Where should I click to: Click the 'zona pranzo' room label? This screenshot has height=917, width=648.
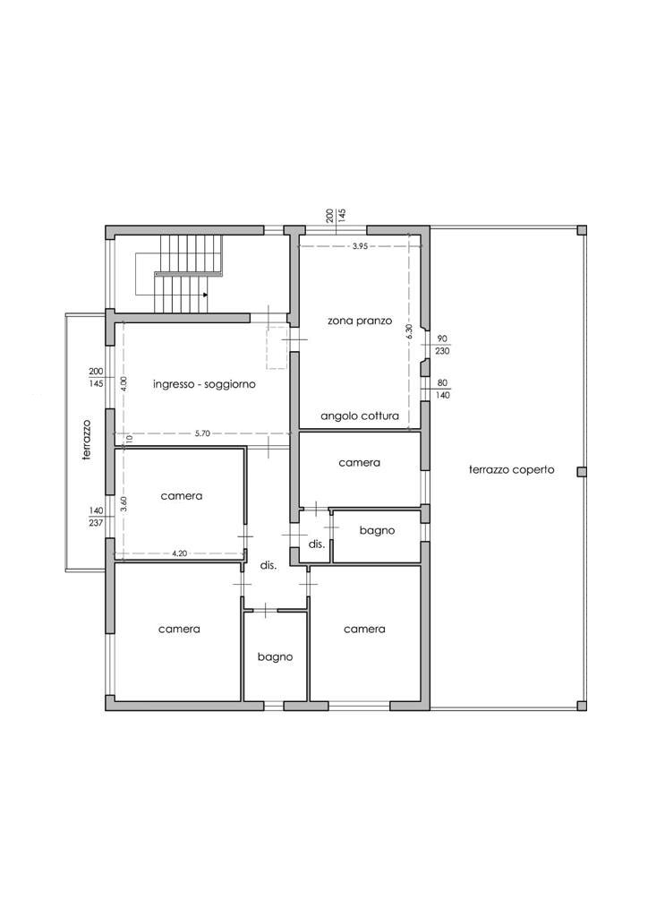[359, 321]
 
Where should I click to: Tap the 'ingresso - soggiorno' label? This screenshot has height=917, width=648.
[204, 385]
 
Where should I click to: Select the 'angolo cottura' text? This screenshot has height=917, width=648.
[360, 416]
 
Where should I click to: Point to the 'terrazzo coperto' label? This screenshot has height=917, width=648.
[511, 469]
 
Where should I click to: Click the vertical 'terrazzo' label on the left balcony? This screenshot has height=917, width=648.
[87, 440]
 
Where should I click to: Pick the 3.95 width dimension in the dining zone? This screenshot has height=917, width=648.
[360, 246]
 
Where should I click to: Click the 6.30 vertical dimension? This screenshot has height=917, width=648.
[409, 331]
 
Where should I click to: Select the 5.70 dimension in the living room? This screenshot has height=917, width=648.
[202, 433]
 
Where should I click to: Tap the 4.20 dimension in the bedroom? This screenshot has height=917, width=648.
[180, 553]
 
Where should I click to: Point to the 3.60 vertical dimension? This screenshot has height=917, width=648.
[124, 505]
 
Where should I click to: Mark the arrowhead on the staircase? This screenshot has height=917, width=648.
[205, 295]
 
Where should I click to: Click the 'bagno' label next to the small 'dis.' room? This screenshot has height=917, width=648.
[377, 531]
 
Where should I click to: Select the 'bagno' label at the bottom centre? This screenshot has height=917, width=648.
[275, 657]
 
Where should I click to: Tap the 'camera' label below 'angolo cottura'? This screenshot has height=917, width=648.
[359, 463]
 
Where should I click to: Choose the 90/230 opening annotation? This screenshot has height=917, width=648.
[442, 345]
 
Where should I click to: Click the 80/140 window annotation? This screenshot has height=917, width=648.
[442, 390]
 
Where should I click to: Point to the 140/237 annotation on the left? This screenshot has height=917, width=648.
[96, 517]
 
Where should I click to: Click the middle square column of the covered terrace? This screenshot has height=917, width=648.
[582, 471]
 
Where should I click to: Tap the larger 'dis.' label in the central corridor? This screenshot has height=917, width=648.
[269, 566]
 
